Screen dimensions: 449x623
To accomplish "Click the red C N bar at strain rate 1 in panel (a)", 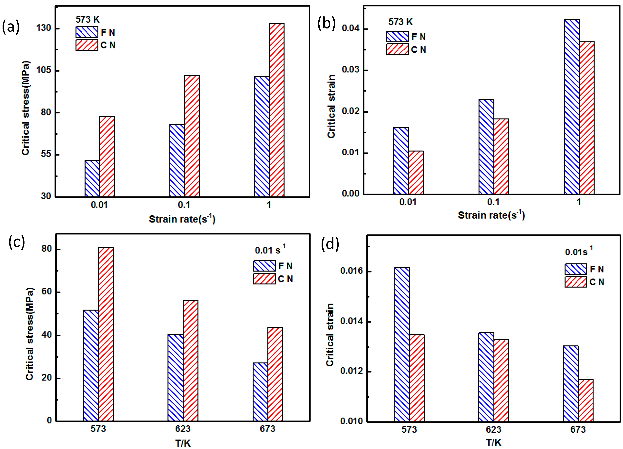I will pos(277,110).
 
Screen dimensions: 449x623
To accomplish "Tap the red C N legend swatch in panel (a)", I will pos(87,45).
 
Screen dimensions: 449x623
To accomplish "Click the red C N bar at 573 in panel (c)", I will pos(106,334).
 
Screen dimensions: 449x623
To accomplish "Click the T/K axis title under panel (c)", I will pos(183,443).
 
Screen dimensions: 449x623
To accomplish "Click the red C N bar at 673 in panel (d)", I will pos(586,400).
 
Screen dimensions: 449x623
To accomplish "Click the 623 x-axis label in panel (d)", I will pos(493,429).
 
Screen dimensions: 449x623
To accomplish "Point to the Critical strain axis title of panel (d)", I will pos(330,335).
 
